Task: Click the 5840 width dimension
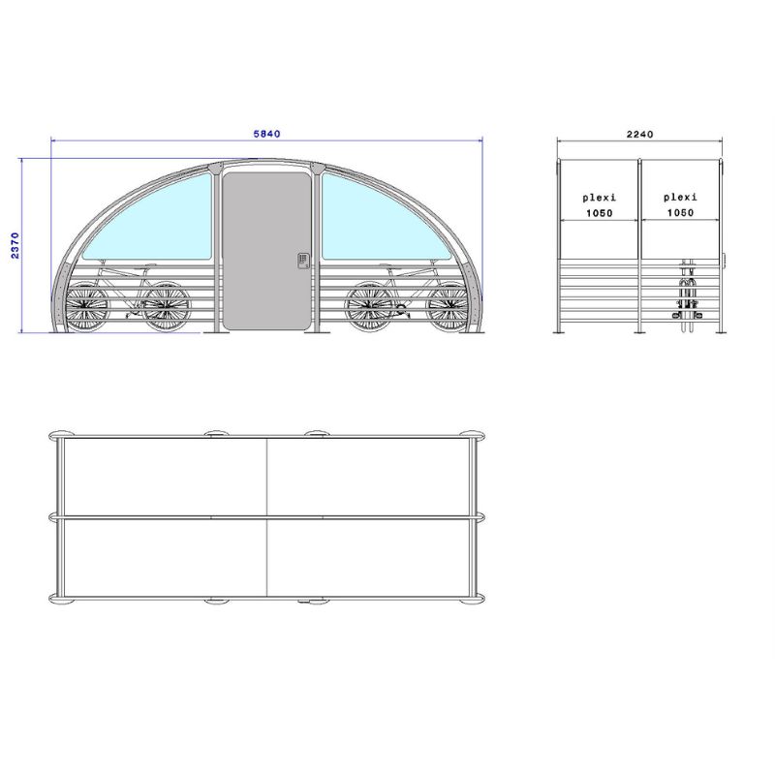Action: pyautogui.click(x=267, y=134)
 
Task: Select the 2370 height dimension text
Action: pyautogui.click(x=15, y=245)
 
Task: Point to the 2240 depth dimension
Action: pyautogui.click(x=640, y=135)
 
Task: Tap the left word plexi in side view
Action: pyautogui.click(x=599, y=198)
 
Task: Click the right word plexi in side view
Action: pyautogui.click(x=681, y=198)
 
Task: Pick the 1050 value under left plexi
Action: pyautogui.click(x=600, y=213)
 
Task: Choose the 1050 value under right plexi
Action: pyautogui.click(x=681, y=212)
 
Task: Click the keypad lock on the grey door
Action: pyautogui.click(x=303, y=261)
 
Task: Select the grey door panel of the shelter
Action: pyautogui.click(x=267, y=251)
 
